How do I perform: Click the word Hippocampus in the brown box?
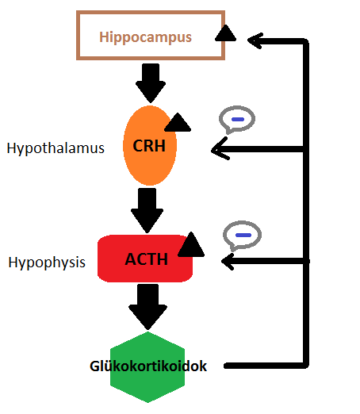pyautogui.click(x=145, y=37)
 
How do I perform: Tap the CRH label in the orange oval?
pyautogui.click(x=149, y=146)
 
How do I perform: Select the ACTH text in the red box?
pyautogui.click(x=146, y=259)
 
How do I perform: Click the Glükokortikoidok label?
pyautogui.click(x=148, y=366)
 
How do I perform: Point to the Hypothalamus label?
pyautogui.click(x=56, y=148)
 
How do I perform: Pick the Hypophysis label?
pyautogui.click(x=47, y=263)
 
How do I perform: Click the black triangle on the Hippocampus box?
pyautogui.click(x=225, y=33)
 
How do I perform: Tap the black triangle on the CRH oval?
pyautogui.click(x=178, y=122)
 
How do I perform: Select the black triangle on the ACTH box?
pyautogui.click(x=191, y=244)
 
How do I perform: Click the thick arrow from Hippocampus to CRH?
pyautogui.click(x=151, y=83)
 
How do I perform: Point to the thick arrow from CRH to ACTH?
pyautogui.click(x=147, y=210)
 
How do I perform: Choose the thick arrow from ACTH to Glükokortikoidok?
pyautogui.click(x=147, y=307)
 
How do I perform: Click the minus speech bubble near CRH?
pyautogui.click(x=237, y=120)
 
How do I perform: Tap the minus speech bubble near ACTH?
pyautogui.click(x=242, y=236)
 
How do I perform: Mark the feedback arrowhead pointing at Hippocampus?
pyautogui.click(x=255, y=40)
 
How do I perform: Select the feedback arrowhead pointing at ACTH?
pyautogui.click(x=228, y=262)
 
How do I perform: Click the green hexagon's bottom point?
pyautogui.click(x=147, y=402)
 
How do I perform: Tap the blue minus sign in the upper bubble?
pyautogui.click(x=238, y=120)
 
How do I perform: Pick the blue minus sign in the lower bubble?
pyautogui.click(x=243, y=235)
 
